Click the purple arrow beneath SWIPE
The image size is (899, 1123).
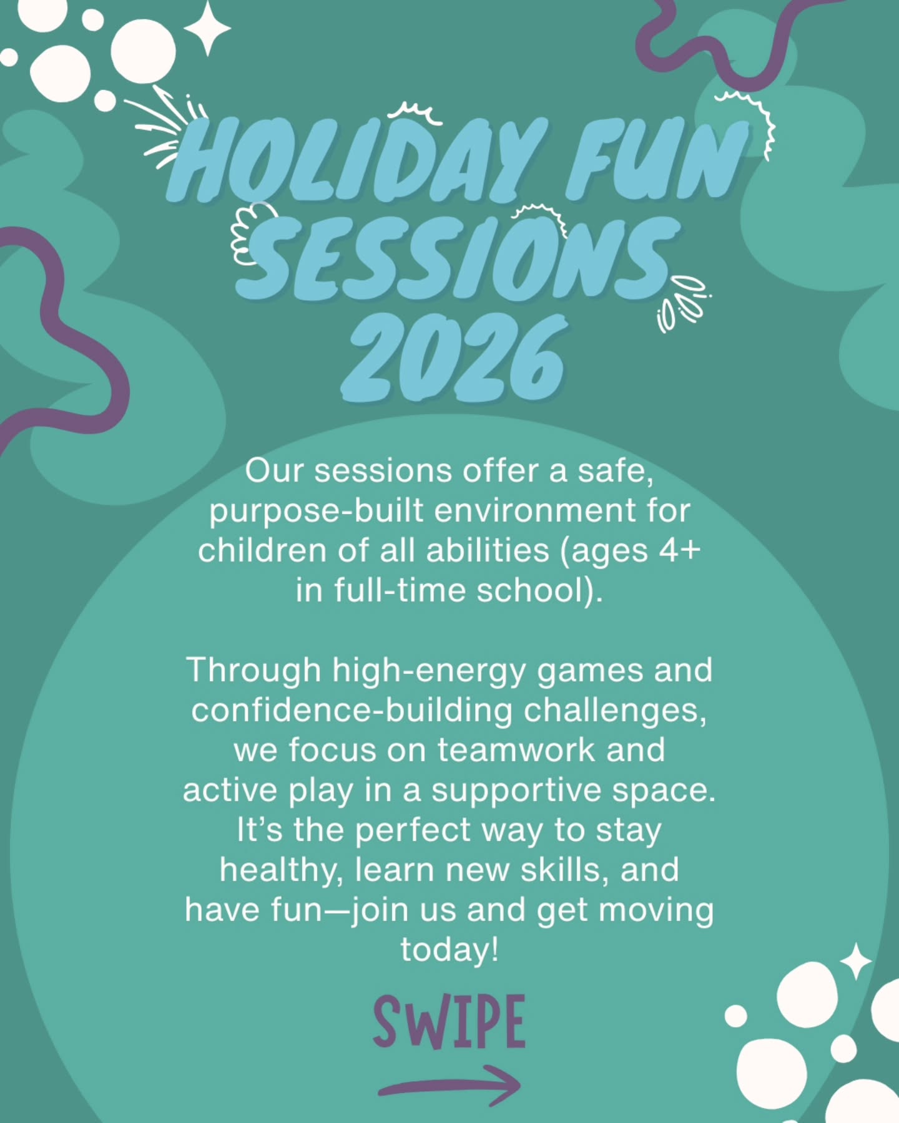click(449, 1086)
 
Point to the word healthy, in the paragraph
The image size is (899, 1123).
click(281, 870)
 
